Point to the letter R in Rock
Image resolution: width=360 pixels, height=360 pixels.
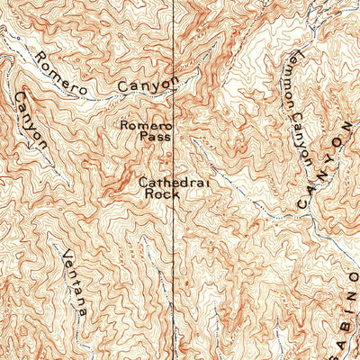pyautogui.click(x=148, y=193)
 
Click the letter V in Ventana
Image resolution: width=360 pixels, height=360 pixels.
pyautogui.click(x=67, y=255)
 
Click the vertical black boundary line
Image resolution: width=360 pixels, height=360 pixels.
pyautogui.click(x=175, y=270)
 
